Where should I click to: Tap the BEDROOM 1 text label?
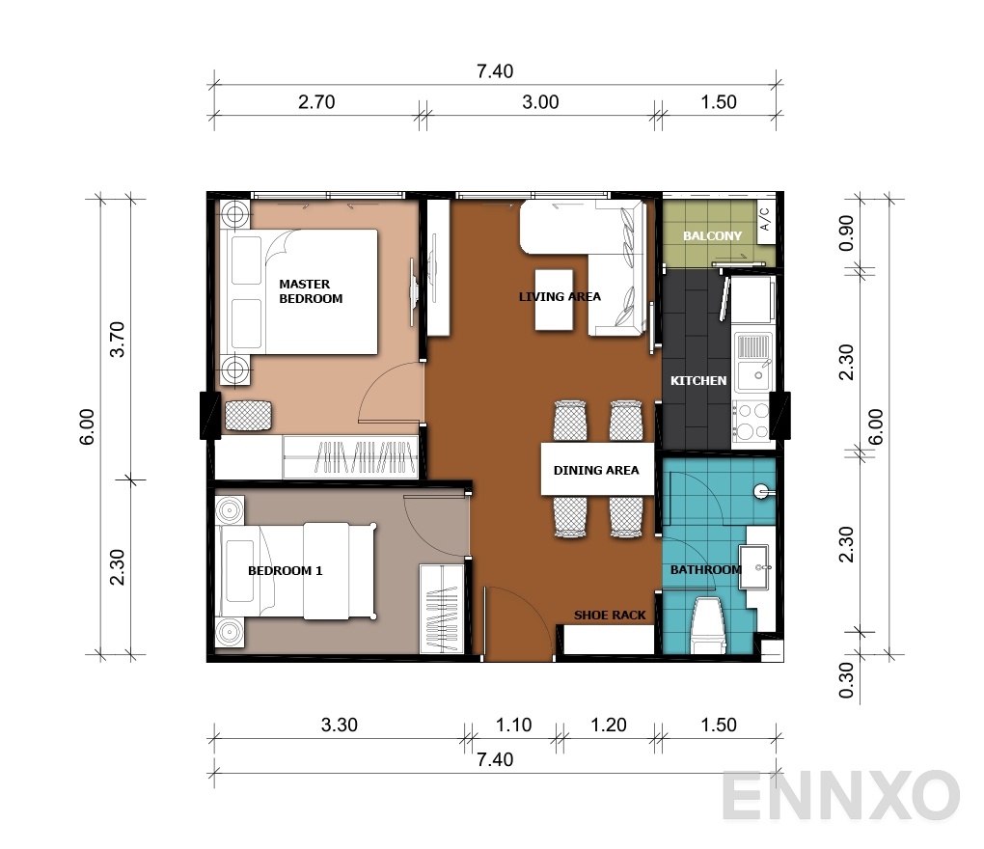click(x=285, y=570)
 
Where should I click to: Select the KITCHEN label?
click(x=698, y=380)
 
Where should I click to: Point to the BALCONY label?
click(x=712, y=235)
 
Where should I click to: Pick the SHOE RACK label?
click(x=610, y=615)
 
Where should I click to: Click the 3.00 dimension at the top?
click(x=540, y=103)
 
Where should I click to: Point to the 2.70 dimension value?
click(x=316, y=103)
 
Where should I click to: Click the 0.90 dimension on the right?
click(x=847, y=233)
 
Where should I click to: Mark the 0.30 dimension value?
click(x=847, y=681)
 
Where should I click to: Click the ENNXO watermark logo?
click(x=840, y=797)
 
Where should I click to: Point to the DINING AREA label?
click(x=596, y=471)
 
